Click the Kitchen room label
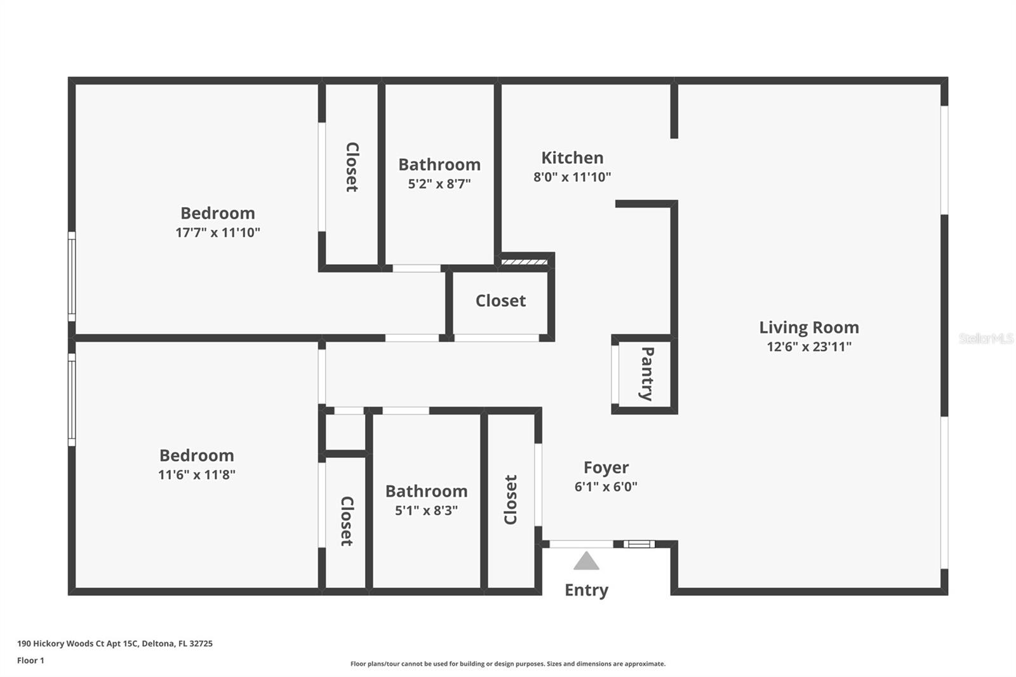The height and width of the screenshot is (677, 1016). [572, 158]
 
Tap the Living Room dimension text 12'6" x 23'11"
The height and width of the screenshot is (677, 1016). [809, 347]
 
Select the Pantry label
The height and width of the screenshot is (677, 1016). [647, 373]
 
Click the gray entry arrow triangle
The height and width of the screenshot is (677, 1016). [587, 560]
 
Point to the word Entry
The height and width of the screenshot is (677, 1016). [587, 591]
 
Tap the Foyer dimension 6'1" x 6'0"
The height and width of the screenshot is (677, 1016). [606, 487]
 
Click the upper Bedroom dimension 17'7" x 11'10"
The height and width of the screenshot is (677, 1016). [218, 232]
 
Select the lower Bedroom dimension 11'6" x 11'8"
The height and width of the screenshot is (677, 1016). [197, 474]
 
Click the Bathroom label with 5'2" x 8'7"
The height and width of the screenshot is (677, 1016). [439, 164]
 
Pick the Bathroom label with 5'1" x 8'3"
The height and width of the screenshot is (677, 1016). [426, 492]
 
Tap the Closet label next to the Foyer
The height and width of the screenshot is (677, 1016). [511, 500]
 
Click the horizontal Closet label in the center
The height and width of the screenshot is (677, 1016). [501, 301]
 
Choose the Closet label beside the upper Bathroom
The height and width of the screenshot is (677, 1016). [352, 167]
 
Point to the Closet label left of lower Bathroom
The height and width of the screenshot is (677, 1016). [347, 521]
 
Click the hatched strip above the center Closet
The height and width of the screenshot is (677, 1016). [525, 262]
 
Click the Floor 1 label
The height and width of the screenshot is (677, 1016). [31, 660]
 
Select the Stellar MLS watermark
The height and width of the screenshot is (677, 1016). [986, 338]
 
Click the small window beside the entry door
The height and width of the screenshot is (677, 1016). [639, 544]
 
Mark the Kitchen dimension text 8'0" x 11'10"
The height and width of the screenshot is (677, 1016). [572, 177]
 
